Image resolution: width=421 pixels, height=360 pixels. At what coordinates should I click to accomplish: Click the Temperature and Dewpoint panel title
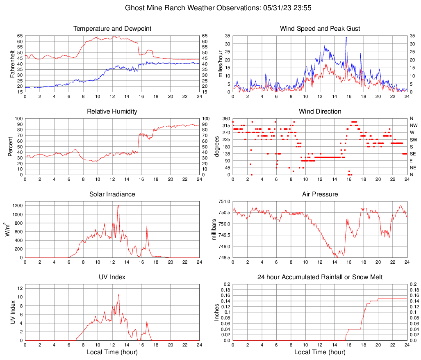(112, 29)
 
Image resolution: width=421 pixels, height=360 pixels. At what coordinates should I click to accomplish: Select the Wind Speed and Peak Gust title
(320, 29)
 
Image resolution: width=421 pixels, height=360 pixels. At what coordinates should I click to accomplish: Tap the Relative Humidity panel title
(112, 112)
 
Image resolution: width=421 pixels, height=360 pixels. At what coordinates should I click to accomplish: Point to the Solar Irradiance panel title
(112, 194)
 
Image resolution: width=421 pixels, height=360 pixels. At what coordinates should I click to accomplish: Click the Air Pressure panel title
(320, 194)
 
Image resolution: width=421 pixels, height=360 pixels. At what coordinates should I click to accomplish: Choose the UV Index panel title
(112, 277)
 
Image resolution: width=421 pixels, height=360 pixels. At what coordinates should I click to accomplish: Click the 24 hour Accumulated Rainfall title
(320, 277)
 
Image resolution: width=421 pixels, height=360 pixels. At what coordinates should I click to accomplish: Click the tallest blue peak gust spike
(346, 37)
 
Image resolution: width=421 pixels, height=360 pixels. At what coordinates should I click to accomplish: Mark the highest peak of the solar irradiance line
(118, 205)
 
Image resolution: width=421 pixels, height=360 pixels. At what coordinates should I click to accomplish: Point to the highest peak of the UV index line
(118, 294)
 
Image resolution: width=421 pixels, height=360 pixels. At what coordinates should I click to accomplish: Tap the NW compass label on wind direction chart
(414, 125)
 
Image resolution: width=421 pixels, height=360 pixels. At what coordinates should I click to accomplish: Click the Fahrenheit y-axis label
(12, 64)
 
